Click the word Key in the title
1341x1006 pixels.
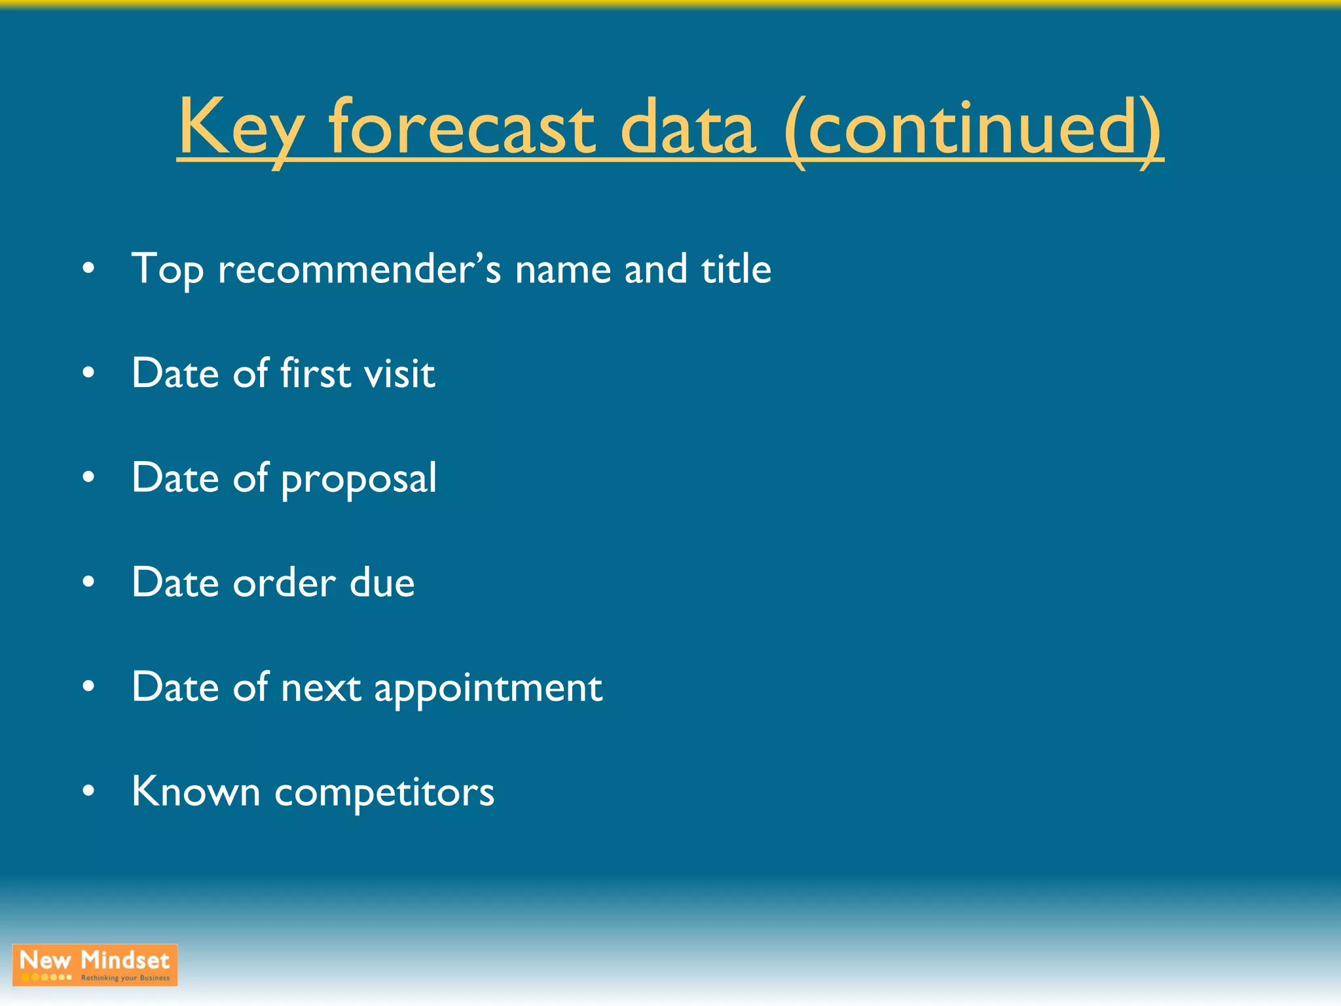click(240, 128)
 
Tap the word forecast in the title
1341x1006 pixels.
click(462, 128)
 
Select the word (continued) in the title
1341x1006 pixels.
click(973, 128)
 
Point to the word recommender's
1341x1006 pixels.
click(359, 269)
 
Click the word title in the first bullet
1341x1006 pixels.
click(736, 269)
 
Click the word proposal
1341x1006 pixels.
click(359, 479)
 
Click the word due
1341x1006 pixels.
click(382, 582)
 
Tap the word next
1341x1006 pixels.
click(321, 688)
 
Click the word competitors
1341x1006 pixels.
click(384, 793)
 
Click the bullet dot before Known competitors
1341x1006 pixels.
click(89, 791)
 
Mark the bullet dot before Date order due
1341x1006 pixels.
click(89, 582)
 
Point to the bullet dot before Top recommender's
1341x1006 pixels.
click(89, 269)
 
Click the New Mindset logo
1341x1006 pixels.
click(95, 961)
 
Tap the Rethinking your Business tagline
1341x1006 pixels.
click(125, 978)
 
